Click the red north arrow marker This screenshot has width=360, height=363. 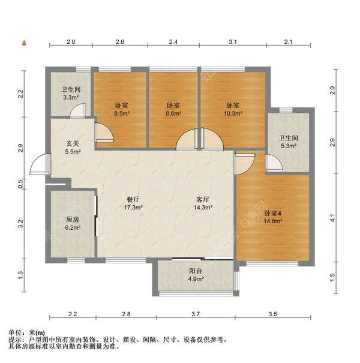click(24, 43)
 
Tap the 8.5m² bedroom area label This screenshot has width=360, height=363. click(122, 113)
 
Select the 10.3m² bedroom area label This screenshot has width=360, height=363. click(233, 113)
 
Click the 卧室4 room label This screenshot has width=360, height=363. click(273, 213)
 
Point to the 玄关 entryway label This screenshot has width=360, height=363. click(73, 144)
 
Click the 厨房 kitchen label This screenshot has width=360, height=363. click(73, 220)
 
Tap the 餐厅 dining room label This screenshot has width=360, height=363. click(133, 200)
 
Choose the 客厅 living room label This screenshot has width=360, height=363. click(203, 200)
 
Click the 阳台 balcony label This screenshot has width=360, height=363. click(196, 271)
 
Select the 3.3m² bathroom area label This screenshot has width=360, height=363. click(71, 97)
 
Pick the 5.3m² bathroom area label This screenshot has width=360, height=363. click(288, 146)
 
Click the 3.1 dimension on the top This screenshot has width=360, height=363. click(233, 42)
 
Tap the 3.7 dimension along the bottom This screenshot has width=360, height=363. click(196, 314)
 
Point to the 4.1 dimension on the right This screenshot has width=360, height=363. click(332, 218)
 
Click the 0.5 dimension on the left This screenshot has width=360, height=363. click(21, 183)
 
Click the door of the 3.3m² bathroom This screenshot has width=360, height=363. click(78, 111)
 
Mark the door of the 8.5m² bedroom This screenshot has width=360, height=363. click(104, 132)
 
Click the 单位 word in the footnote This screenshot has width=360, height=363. click(15, 333)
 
